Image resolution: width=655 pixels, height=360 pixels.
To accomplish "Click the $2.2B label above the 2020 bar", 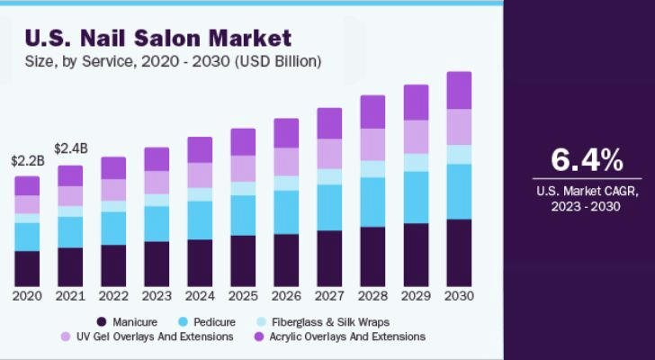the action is [28, 161].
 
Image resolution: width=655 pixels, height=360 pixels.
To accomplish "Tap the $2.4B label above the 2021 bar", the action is [71, 148].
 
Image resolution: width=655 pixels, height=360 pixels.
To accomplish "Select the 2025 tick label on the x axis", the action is [243, 296].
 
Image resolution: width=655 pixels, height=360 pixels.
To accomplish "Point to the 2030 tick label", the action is [459, 296].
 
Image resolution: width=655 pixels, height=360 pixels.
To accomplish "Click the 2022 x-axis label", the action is [113, 296].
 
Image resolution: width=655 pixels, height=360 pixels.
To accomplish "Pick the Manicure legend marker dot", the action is [101, 322].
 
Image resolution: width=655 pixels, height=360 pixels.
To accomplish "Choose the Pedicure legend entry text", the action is [214, 322].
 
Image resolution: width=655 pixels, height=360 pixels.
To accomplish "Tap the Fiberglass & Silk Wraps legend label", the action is [330, 322].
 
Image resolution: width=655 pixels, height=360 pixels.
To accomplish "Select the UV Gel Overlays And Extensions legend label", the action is [155, 337].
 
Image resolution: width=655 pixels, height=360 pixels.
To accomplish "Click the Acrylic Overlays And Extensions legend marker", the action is [259, 337].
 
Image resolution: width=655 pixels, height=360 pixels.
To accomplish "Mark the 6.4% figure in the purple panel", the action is [587, 160].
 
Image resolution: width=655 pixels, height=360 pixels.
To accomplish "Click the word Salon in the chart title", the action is [169, 39].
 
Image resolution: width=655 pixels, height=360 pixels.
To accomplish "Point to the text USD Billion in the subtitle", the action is [277, 62].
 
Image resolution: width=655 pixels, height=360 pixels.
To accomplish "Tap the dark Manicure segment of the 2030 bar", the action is [459, 253].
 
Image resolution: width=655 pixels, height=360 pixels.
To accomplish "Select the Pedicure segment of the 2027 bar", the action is [329, 208].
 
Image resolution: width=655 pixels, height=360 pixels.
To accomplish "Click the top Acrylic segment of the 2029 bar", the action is [416, 103].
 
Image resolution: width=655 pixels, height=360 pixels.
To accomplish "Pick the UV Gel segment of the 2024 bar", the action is [200, 175].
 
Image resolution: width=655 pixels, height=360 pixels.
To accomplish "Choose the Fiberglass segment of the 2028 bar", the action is [372, 169].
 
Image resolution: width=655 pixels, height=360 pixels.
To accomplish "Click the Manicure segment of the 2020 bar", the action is [27, 268].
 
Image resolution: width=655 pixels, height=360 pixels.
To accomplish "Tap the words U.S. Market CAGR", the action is [588, 192].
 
